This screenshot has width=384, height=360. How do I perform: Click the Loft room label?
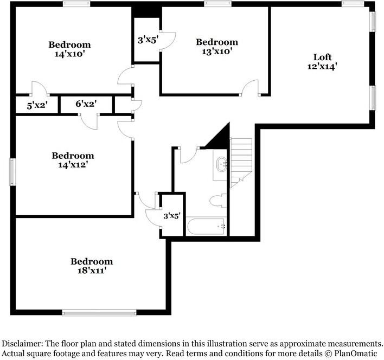click(x=322, y=57)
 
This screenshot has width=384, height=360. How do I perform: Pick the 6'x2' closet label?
click(x=86, y=104)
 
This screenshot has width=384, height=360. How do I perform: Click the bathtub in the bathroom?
click(x=207, y=227)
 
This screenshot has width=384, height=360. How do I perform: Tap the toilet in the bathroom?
click(x=217, y=201)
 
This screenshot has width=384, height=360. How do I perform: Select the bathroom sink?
click(x=222, y=164)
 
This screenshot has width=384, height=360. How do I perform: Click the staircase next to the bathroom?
click(x=241, y=160)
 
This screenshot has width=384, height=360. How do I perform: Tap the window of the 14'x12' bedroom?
click(x=12, y=172)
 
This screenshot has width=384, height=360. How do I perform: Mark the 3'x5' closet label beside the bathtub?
click(x=173, y=216)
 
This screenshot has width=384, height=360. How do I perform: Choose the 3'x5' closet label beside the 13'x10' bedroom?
click(x=147, y=38)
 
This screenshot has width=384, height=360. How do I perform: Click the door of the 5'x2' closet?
click(x=39, y=88)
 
